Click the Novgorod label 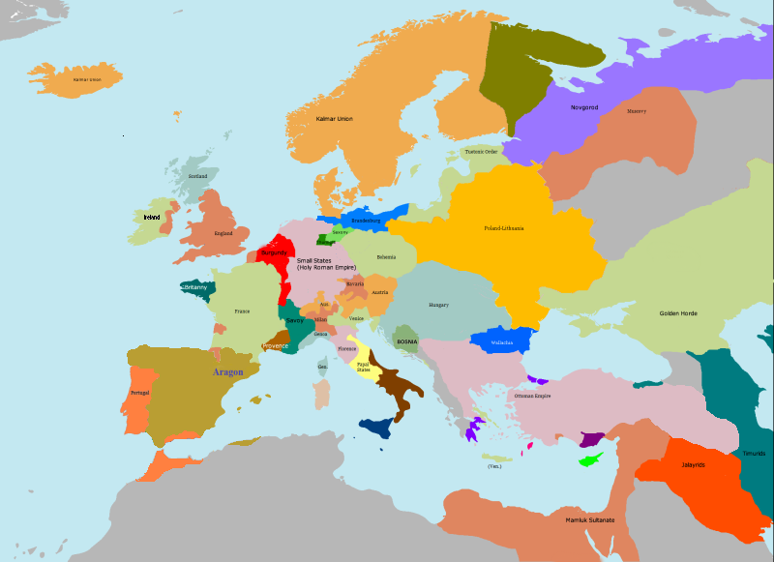[x=584, y=106]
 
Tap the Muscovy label [x=637, y=111]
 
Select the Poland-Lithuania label [x=504, y=228]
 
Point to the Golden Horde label [x=678, y=313]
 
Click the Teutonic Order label [x=482, y=152]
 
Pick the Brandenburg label [x=366, y=221]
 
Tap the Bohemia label [x=386, y=256]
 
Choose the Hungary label [x=438, y=305]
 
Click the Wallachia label [x=501, y=342]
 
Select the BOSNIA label [x=406, y=341]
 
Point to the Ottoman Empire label [x=532, y=396]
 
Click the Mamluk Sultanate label [x=590, y=520]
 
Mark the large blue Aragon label [x=228, y=371]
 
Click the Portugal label [x=140, y=393]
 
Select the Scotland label [x=197, y=176]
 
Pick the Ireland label [x=151, y=218]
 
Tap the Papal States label [x=363, y=367]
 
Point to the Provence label [x=275, y=345]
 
